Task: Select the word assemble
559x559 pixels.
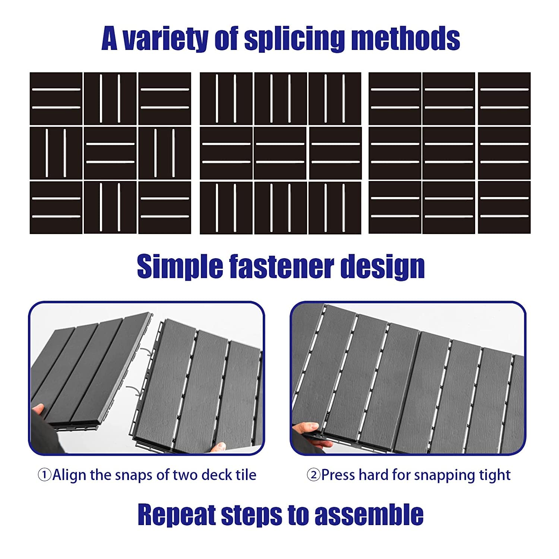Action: [369, 514]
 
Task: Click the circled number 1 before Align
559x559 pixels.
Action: [45, 475]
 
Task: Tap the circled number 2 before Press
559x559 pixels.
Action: [313, 475]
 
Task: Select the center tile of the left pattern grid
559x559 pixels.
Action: [110, 153]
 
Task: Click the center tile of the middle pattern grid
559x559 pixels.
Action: [280, 153]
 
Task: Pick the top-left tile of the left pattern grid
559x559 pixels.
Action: [56, 99]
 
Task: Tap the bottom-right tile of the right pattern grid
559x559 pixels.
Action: [504, 208]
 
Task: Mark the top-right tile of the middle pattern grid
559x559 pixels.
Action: [335, 99]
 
